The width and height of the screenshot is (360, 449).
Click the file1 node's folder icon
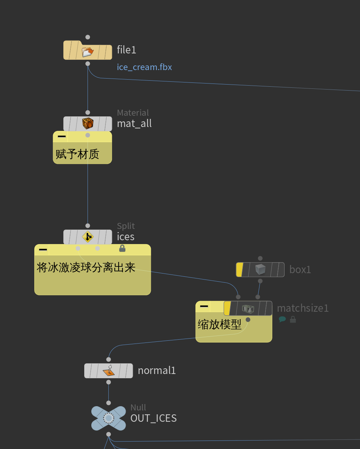[87, 51]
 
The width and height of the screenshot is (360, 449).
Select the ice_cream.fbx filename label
[144, 67]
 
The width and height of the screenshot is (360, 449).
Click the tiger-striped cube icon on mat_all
[88, 123]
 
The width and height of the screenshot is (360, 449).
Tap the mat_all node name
[134, 123]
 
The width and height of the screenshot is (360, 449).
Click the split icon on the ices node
[88, 237]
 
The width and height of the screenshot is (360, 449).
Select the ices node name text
[126, 237]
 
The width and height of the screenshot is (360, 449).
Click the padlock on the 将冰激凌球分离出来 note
[122, 248]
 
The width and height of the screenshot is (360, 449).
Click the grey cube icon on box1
[261, 270]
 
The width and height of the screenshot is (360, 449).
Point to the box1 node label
[300, 270]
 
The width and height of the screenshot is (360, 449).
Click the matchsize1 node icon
[248, 309]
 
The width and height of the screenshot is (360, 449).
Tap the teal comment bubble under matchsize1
[282, 320]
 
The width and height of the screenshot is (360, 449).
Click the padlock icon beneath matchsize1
[293, 320]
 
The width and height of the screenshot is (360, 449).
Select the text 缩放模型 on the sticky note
[219, 324]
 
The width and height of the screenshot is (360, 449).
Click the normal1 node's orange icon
[109, 370]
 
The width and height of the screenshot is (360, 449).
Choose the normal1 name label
[157, 370]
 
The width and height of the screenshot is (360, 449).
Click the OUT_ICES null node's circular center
[109, 419]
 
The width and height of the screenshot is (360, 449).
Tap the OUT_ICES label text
[154, 418]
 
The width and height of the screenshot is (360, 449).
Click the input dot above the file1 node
[88, 37]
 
